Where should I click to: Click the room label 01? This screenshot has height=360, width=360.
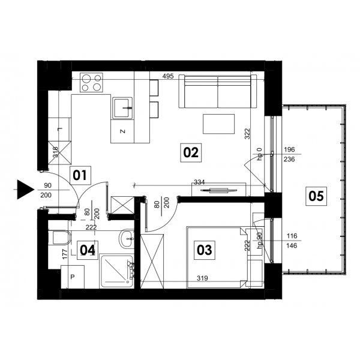click(x=80, y=176)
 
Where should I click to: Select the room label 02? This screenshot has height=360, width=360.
click(x=191, y=152)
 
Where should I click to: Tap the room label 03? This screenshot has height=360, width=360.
click(x=205, y=250)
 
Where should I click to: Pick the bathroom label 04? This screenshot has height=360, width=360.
click(x=88, y=250)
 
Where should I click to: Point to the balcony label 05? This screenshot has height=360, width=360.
click(x=316, y=196)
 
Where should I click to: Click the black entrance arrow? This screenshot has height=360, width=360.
click(x=25, y=190)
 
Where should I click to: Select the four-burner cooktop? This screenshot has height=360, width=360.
click(x=91, y=82)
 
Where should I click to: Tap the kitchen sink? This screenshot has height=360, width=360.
click(x=122, y=108)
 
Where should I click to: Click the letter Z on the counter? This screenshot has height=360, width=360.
click(x=123, y=131)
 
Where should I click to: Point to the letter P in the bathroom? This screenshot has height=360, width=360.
click(x=73, y=277)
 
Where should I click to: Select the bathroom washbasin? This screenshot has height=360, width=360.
click(x=127, y=239)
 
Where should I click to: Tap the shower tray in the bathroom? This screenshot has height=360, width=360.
click(x=116, y=271)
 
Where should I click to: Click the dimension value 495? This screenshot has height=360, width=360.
click(x=168, y=76)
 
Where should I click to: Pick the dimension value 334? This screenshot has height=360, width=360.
click(x=199, y=182)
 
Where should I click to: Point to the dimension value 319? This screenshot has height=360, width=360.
click(x=202, y=278)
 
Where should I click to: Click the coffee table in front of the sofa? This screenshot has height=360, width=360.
click(x=218, y=124)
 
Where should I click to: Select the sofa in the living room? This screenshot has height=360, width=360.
click(x=218, y=91)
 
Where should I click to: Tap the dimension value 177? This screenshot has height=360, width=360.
click(x=65, y=254)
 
